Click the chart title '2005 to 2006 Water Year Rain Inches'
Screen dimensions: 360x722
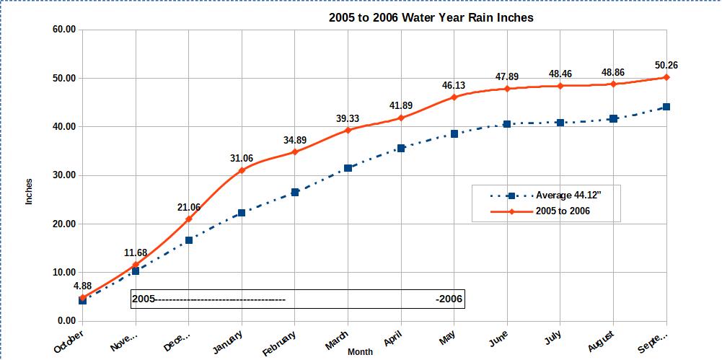pyautogui.click(x=431, y=17)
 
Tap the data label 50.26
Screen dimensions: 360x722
pyautogui.click(x=666, y=65)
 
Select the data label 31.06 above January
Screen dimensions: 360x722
pyautogui.click(x=242, y=159)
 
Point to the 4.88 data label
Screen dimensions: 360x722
pyautogui.click(x=82, y=286)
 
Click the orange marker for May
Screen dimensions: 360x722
pyautogui.click(x=454, y=97)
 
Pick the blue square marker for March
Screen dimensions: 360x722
pyautogui.click(x=348, y=168)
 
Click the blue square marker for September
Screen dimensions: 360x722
pyautogui.click(x=666, y=107)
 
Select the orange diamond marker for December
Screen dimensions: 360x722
pyautogui.click(x=188, y=219)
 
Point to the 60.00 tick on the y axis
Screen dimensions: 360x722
pyautogui.click(x=63, y=30)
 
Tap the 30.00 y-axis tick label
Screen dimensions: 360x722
pyautogui.click(x=63, y=175)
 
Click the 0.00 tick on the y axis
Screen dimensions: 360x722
pyautogui.click(x=66, y=321)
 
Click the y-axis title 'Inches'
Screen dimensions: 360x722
pyautogui.click(x=30, y=191)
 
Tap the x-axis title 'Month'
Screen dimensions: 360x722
pyautogui.click(x=360, y=352)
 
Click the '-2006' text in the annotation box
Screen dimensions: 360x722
pyautogui.click(x=449, y=299)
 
